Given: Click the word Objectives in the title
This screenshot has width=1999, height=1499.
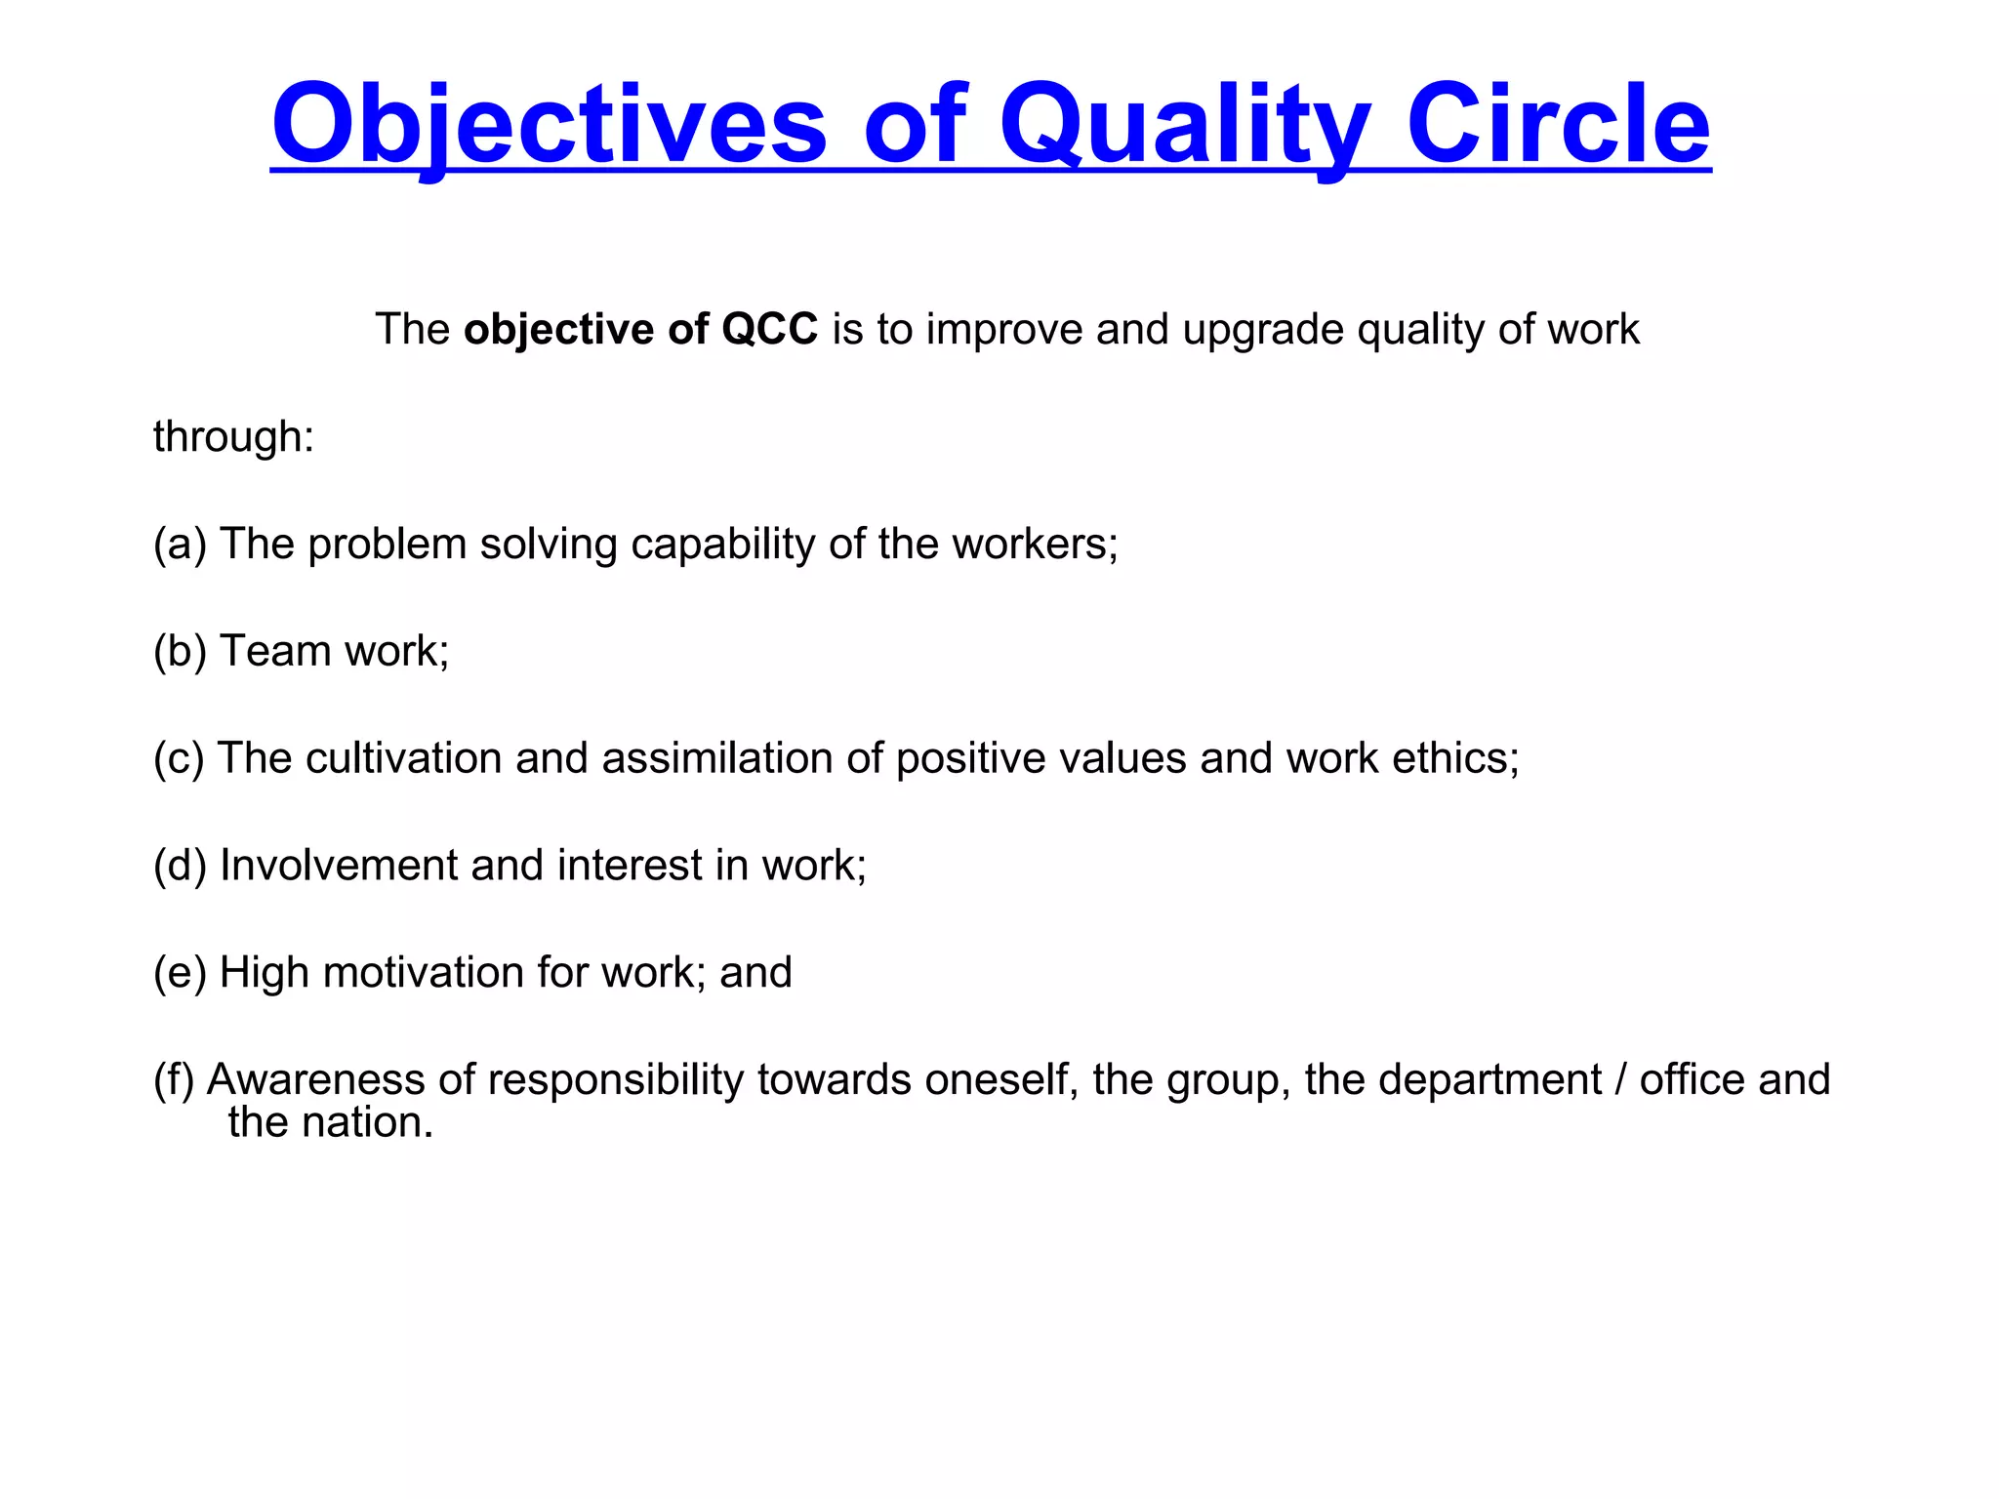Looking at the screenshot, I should [549, 125].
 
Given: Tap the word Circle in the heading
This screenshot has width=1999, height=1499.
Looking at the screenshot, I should [1558, 125].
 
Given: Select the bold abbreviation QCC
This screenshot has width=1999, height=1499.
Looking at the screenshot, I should [769, 330].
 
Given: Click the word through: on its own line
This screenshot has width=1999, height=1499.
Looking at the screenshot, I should [233, 437].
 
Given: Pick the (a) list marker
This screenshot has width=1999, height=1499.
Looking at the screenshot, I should [180, 545].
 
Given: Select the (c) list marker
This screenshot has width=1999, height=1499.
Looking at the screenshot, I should [179, 758].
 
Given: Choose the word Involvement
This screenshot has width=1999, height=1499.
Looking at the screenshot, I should [339, 866].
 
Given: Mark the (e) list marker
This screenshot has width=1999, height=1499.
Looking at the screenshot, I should [180, 973].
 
